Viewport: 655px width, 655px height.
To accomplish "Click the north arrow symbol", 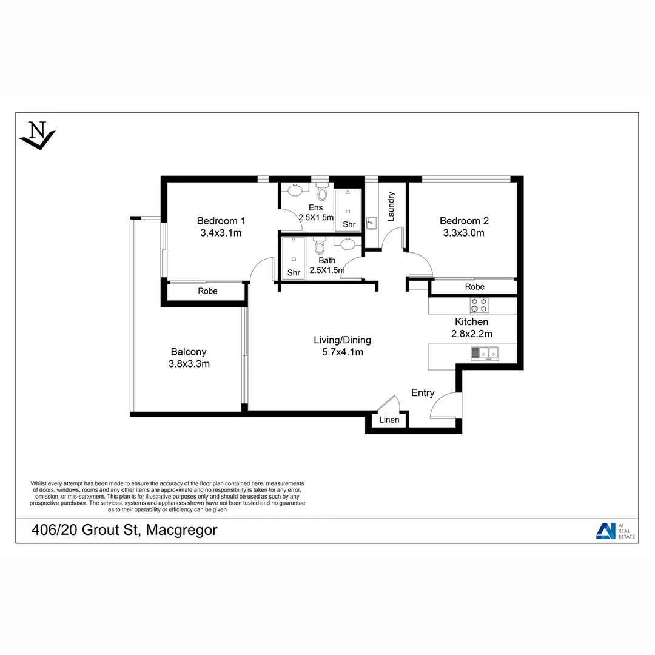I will pyautogui.click(x=38, y=135).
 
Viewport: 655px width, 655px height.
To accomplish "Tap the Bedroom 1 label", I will pyautogui.click(x=221, y=221).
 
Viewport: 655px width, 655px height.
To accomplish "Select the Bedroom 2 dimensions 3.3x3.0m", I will pyautogui.click(x=463, y=233).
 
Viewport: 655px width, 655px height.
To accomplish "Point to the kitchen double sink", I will pyautogui.click(x=485, y=352).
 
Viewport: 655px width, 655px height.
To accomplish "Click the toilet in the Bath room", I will pyautogui.click(x=320, y=246).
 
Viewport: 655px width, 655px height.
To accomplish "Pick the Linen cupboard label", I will pyautogui.click(x=389, y=420).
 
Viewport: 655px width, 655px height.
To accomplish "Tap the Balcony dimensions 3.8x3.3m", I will pyautogui.click(x=189, y=364).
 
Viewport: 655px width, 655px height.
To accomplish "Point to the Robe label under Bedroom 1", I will pyautogui.click(x=207, y=291).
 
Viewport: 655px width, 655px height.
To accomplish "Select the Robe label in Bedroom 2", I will pyautogui.click(x=474, y=287).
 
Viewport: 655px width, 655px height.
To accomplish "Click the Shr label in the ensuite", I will pyautogui.click(x=349, y=224).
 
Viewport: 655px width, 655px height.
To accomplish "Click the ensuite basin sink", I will pyautogui.click(x=295, y=190).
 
